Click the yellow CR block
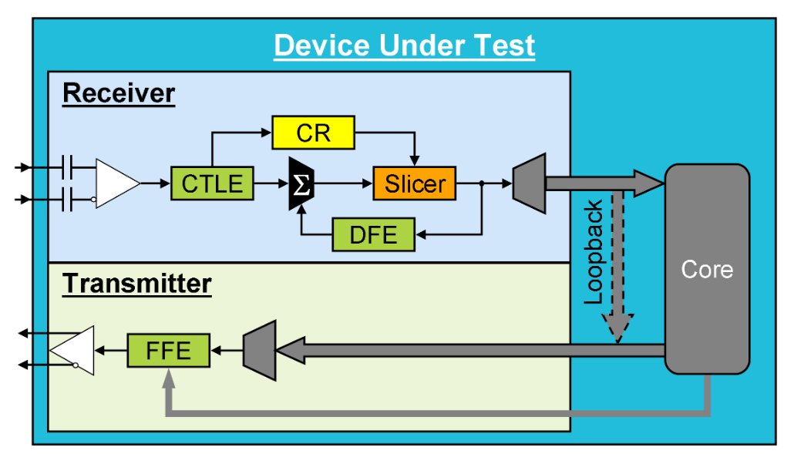[x=313, y=133]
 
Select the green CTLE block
[x=212, y=183]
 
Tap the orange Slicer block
[x=415, y=183]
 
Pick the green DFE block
[x=373, y=234]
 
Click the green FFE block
[x=168, y=351]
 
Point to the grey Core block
[x=707, y=269]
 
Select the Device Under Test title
[x=404, y=45]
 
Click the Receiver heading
[x=119, y=93]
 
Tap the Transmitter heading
[x=137, y=284]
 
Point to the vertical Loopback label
[x=593, y=252]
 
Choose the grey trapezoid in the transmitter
[x=259, y=351]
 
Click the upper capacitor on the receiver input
[x=68, y=166]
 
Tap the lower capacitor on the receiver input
[x=68, y=201]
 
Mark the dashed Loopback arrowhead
[x=617, y=327]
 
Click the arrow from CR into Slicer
[x=415, y=154]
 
